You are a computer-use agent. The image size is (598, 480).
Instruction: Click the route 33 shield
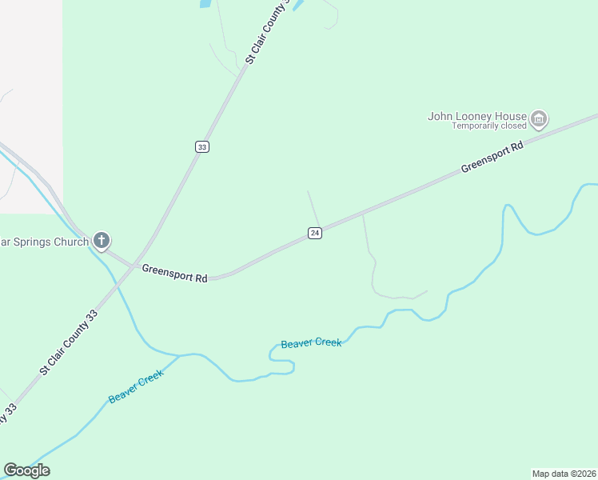click(x=202, y=147)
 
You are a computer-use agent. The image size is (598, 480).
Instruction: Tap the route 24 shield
click(x=315, y=233)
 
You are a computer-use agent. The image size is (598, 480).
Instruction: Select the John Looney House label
click(x=477, y=116)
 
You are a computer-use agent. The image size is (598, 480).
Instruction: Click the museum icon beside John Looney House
click(x=539, y=120)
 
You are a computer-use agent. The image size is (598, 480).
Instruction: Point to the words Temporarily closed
click(x=489, y=126)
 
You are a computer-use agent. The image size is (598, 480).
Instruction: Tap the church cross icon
click(x=102, y=239)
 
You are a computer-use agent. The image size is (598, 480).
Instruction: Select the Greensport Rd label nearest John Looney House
click(x=492, y=158)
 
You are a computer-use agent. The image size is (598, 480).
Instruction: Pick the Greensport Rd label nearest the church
click(x=175, y=274)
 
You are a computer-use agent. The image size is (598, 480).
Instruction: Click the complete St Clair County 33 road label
click(x=68, y=344)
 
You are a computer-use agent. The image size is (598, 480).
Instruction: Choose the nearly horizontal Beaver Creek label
click(x=311, y=343)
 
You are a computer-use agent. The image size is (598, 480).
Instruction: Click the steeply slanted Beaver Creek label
click(x=135, y=386)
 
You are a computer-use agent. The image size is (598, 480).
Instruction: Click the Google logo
click(x=26, y=470)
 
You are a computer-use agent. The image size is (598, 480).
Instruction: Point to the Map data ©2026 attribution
click(x=564, y=473)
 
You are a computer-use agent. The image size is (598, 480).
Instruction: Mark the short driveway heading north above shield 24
click(x=313, y=207)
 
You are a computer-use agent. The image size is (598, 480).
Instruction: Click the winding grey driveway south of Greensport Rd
click(x=373, y=272)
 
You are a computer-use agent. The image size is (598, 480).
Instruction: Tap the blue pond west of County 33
click(x=205, y=4)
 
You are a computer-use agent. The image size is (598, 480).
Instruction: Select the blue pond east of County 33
click(x=299, y=5)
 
